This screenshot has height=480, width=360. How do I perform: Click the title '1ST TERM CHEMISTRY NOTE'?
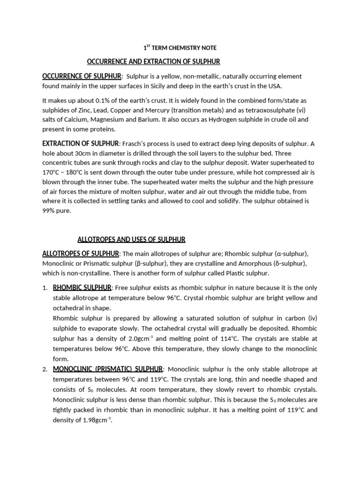click(180, 48)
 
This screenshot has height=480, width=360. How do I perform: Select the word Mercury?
click(155, 110)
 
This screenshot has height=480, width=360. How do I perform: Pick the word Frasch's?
click(137, 143)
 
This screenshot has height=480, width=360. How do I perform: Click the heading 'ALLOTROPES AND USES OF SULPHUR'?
click(131, 240)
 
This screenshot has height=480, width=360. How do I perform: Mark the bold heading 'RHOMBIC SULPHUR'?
click(82, 287)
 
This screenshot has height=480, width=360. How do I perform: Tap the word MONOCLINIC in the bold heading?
click(71, 369)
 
